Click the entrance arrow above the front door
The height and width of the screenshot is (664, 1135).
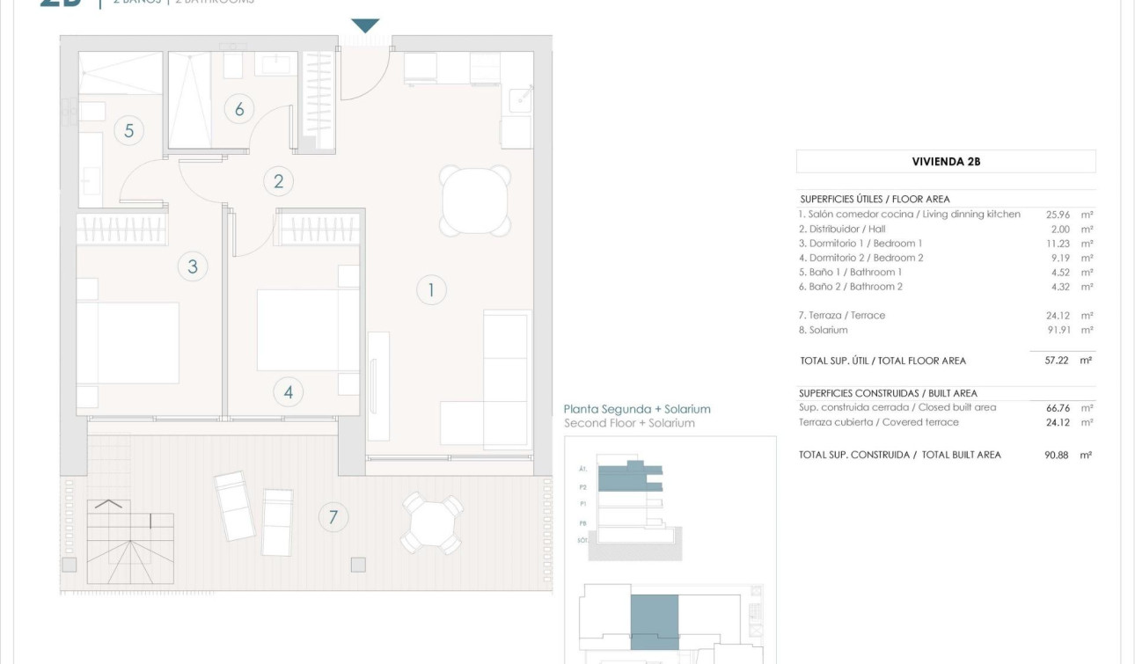pos(365,26)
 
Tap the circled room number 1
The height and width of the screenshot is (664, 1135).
pos(431,289)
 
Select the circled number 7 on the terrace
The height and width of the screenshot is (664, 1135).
pos(333,517)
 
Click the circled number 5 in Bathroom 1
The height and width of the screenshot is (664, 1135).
pos(128,131)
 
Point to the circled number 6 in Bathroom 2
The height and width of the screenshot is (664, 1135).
pos(238,109)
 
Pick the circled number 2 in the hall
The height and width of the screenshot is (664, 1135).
pos(279,181)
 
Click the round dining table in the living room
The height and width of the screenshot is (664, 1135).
pos(475,201)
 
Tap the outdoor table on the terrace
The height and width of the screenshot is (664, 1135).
pos(431,522)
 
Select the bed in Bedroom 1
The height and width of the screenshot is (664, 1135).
pos(128,343)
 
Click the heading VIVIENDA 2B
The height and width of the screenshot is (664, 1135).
pos(946,162)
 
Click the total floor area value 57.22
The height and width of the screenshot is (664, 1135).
pos(1056,361)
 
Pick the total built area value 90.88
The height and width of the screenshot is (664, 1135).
pos(1056,456)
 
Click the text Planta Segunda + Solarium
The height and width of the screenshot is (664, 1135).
pos(637,409)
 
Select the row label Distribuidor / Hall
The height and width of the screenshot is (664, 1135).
pos(841,230)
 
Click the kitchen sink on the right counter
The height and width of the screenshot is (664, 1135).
pos(520,99)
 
